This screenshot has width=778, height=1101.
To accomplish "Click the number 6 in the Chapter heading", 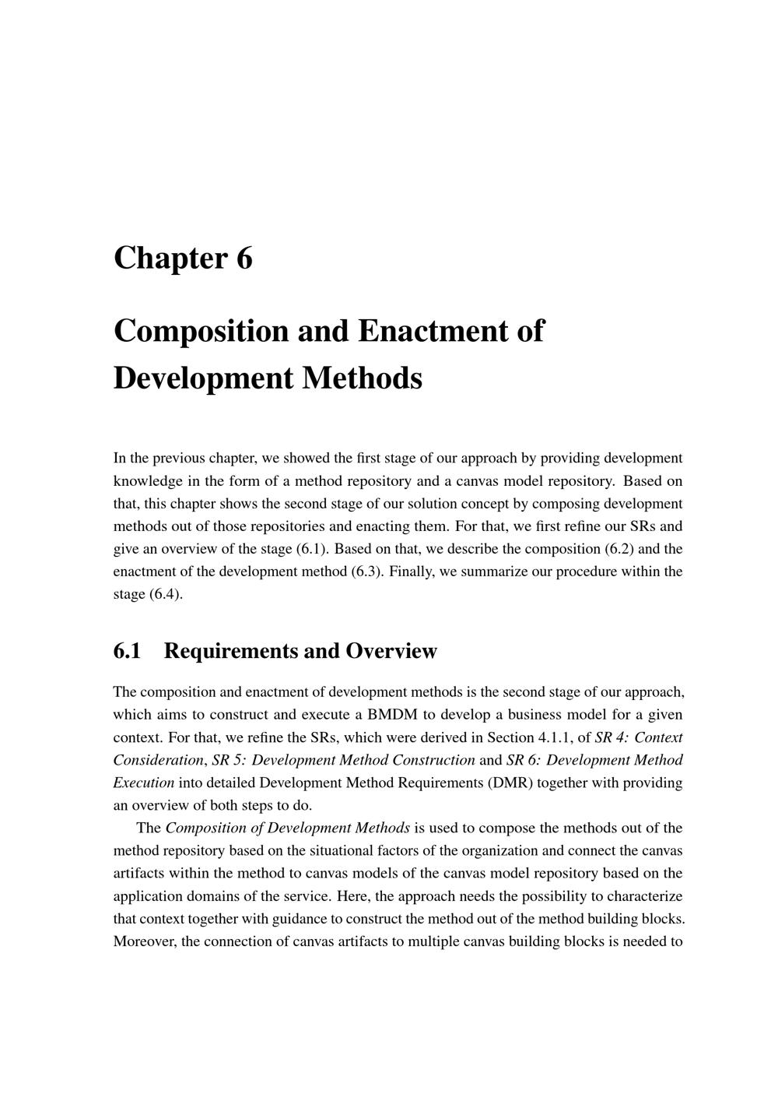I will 244,259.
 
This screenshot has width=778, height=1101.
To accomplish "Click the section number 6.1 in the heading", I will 127,651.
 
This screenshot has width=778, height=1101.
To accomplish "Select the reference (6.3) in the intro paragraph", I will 366,571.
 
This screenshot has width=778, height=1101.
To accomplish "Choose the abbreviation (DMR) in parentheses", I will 510,782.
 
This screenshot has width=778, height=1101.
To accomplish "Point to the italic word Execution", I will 144,782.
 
